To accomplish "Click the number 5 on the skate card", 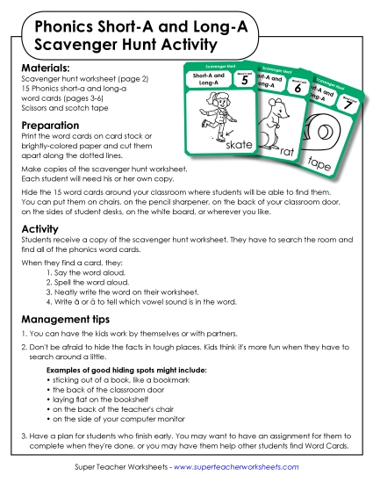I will click(x=244, y=83).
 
